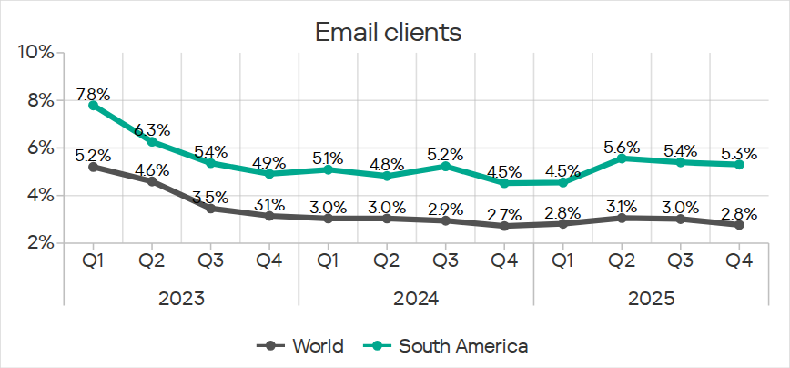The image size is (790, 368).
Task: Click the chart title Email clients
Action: [x=388, y=33]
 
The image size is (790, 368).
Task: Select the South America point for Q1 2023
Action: [x=93, y=105]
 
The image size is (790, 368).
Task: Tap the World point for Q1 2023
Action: [x=93, y=167]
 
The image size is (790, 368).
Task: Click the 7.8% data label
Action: [x=93, y=94]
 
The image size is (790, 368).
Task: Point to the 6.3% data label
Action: [x=152, y=130]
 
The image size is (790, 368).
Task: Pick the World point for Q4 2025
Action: [x=740, y=224]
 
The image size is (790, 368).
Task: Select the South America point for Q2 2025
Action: [x=623, y=158]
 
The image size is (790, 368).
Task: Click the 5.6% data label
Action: [x=623, y=147]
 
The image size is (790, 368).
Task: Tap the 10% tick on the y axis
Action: [x=35, y=52]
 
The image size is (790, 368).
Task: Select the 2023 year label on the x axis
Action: [x=181, y=298]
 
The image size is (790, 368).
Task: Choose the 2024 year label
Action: [x=416, y=298]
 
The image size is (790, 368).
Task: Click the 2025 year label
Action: [x=651, y=298]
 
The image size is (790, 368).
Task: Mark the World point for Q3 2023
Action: [x=211, y=208]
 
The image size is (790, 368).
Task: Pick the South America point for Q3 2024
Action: [x=446, y=166]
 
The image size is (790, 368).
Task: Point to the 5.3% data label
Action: [x=740, y=153]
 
